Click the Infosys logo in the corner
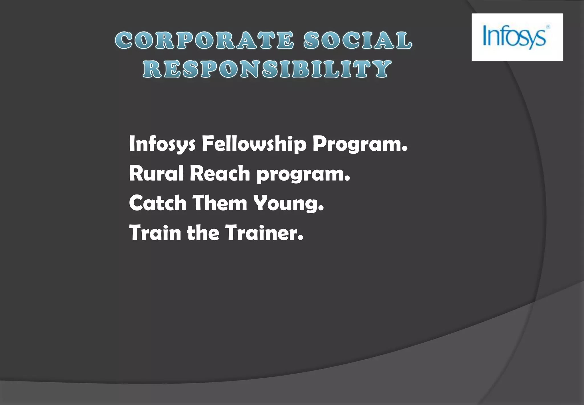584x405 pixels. click(x=517, y=37)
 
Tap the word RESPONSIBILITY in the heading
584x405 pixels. click(x=267, y=69)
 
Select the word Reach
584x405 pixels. click(x=220, y=173)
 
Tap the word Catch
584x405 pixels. click(x=158, y=203)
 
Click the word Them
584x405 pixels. click(x=220, y=203)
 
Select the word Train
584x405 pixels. click(x=155, y=232)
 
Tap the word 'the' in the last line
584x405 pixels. click(x=203, y=232)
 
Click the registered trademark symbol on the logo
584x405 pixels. click(x=548, y=27)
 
